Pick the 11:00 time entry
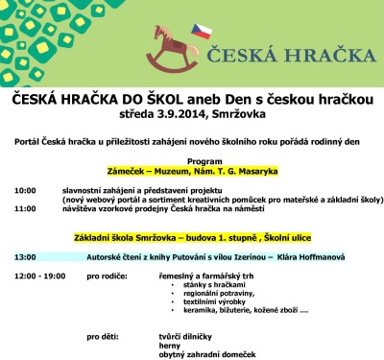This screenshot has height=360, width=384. [25, 208]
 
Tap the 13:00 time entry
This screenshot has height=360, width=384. [25, 256]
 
